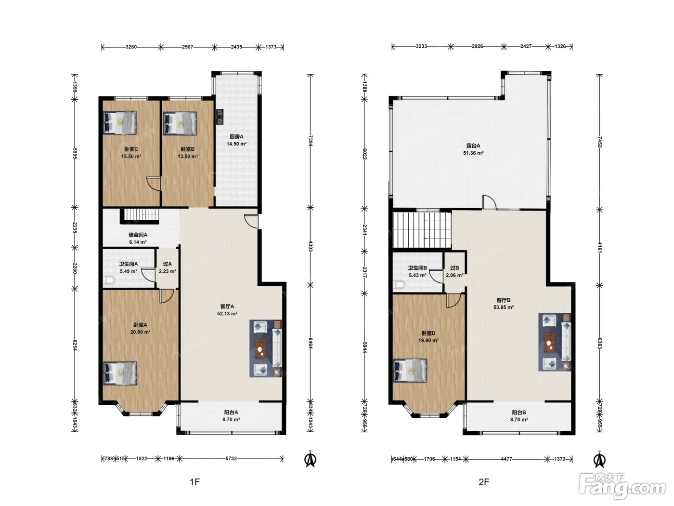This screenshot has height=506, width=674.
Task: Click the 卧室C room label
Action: [x=131, y=149]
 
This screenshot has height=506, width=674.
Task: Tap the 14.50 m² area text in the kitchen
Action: [x=236, y=144]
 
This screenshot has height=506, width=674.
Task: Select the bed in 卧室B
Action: [x=180, y=123]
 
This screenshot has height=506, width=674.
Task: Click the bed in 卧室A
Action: [x=120, y=373]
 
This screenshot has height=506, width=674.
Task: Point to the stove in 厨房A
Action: [x=220, y=117]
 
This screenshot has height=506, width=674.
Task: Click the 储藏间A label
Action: [x=138, y=235]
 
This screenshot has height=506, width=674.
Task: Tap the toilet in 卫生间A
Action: [x=108, y=280]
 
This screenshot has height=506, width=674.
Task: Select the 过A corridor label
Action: [x=168, y=264]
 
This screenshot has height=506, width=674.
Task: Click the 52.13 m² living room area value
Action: [x=227, y=314]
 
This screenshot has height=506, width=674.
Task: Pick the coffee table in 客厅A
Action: [x=261, y=349]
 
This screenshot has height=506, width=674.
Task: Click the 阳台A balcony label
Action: [x=231, y=413]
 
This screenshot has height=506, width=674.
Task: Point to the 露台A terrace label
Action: [x=473, y=146]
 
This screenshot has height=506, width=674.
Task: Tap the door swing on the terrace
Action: [x=489, y=202]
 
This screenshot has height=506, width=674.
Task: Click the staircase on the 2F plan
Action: [x=422, y=230]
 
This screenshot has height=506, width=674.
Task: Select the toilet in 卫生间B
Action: [x=398, y=284]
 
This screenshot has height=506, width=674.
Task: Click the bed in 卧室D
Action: [x=410, y=371]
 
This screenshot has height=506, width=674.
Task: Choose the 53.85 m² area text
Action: [x=504, y=307]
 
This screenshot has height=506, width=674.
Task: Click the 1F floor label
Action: [x=194, y=482]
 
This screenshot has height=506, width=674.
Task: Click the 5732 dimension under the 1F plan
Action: [x=231, y=458]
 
